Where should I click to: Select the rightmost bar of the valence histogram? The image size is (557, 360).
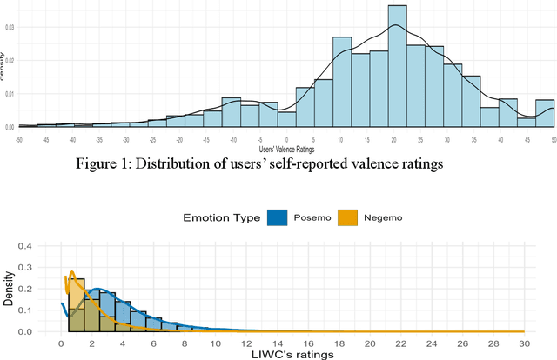[x=545, y=113]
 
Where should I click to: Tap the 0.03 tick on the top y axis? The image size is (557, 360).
[x=10, y=27]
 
